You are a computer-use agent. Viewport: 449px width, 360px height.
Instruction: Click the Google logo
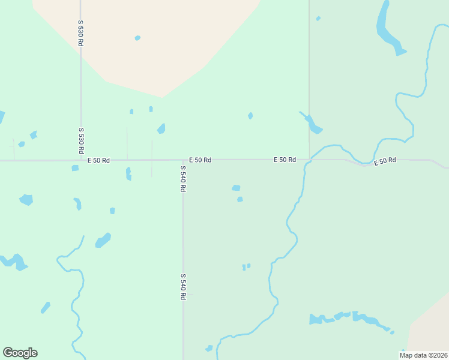(x=20, y=353)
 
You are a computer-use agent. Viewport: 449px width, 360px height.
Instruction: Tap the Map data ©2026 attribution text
(x=423, y=355)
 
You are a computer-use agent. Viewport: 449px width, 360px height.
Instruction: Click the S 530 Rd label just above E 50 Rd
(x=80, y=140)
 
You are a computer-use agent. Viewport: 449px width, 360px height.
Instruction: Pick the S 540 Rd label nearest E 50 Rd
(x=182, y=179)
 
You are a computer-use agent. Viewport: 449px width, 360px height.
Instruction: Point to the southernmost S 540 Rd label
(x=182, y=287)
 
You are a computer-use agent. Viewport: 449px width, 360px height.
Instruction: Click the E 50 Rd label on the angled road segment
(x=385, y=161)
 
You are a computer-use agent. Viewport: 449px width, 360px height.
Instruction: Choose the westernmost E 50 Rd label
(x=98, y=160)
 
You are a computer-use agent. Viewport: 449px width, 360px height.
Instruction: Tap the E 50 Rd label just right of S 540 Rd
(x=200, y=160)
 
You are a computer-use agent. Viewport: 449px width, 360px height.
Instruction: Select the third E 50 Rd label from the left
(x=285, y=160)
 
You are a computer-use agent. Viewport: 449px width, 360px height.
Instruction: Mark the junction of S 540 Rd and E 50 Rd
(x=183, y=160)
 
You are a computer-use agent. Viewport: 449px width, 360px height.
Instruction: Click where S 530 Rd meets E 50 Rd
(x=80, y=160)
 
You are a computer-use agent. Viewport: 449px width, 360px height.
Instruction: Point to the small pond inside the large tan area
(x=137, y=38)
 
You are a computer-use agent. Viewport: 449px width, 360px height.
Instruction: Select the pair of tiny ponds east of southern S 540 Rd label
(x=246, y=266)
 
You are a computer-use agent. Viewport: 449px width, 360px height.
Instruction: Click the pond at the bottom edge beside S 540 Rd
(x=209, y=348)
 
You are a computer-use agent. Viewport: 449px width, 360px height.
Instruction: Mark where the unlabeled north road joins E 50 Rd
(x=309, y=160)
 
